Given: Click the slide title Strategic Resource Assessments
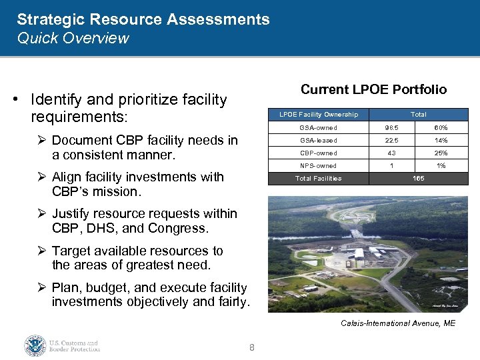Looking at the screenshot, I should [x=143, y=19].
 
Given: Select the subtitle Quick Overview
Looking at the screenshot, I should [x=73, y=38].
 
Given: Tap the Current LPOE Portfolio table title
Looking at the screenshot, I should [x=373, y=89].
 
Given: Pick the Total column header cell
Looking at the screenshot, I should [x=418, y=115].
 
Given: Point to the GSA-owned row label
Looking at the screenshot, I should [x=318, y=127].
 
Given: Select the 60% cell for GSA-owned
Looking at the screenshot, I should [x=441, y=127].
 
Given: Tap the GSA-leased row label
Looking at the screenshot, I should [x=318, y=140].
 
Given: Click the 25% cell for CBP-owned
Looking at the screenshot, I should [x=441, y=153].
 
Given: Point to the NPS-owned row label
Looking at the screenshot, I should [x=318, y=165].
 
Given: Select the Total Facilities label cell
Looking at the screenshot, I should [x=318, y=179].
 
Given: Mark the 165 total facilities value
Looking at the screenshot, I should [x=418, y=179].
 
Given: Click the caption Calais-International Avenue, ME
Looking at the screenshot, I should [x=398, y=323].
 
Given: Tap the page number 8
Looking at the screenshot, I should [x=251, y=347].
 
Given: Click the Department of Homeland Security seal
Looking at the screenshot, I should [x=35, y=345].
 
